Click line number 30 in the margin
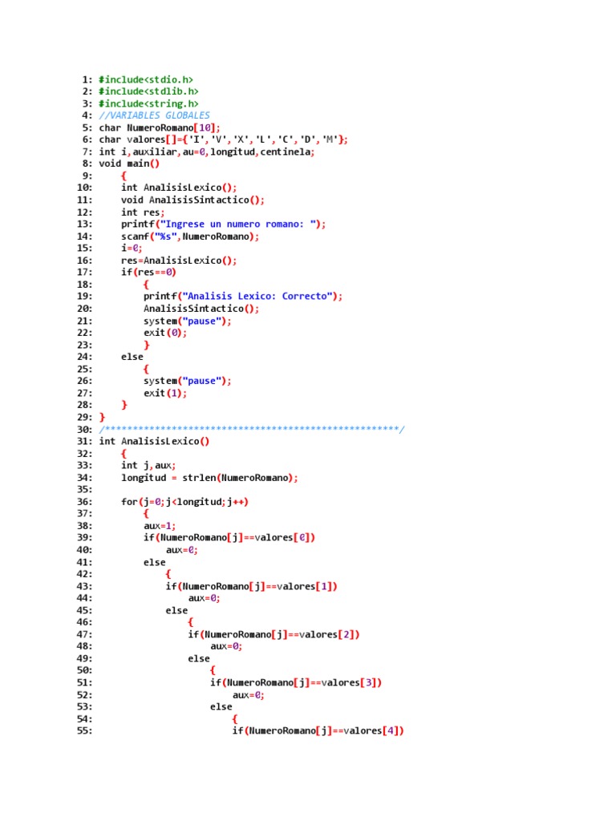pos(84,430)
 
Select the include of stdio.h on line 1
pos(146,79)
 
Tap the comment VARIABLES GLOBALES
pos(155,115)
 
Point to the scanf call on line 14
pos(190,237)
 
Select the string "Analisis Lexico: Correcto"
pos(260,297)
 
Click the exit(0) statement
pos(165,333)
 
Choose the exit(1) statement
pos(165,393)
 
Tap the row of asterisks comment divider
pos(252,430)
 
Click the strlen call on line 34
pos(240,478)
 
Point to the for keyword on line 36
pos(129,502)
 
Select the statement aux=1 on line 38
pos(160,526)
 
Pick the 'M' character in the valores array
pos(330,140)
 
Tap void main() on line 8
pos(129,164)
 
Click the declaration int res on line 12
pos(143,212)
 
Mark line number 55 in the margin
pos(84,731)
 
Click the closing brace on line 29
pos(102,417)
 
